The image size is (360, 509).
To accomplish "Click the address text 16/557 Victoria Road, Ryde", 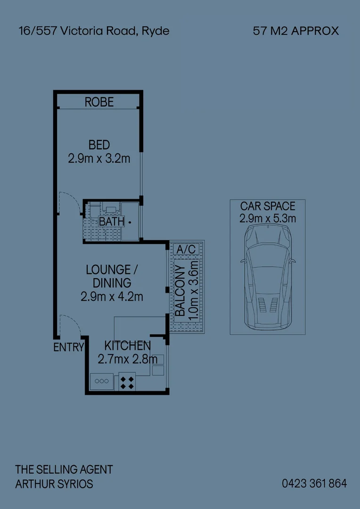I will tap(94, 31).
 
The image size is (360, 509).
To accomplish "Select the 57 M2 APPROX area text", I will tap(296, 31).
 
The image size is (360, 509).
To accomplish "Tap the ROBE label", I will tap(99, 102).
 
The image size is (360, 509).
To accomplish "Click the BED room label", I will tap(99, 145).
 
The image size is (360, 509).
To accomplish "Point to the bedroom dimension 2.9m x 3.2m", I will tap(99, 158).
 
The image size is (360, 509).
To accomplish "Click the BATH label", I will tap(112, 221).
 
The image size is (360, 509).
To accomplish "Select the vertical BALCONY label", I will tap(180, 290).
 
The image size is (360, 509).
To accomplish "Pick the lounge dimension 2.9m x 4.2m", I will tap(112, 296).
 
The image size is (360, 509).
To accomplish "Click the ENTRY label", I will tap(68, 348).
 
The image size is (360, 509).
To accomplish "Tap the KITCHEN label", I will tap(127, 345).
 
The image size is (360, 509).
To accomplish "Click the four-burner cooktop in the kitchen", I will tap(127, 381).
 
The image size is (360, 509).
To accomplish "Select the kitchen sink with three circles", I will tap(102, 381).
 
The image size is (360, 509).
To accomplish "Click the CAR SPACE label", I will tap(268, 206).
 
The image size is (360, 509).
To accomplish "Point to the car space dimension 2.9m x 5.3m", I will tap(268, 218).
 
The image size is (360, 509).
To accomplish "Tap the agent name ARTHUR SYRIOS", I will tap(54, 484).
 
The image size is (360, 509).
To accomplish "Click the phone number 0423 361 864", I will tap(314, 484).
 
